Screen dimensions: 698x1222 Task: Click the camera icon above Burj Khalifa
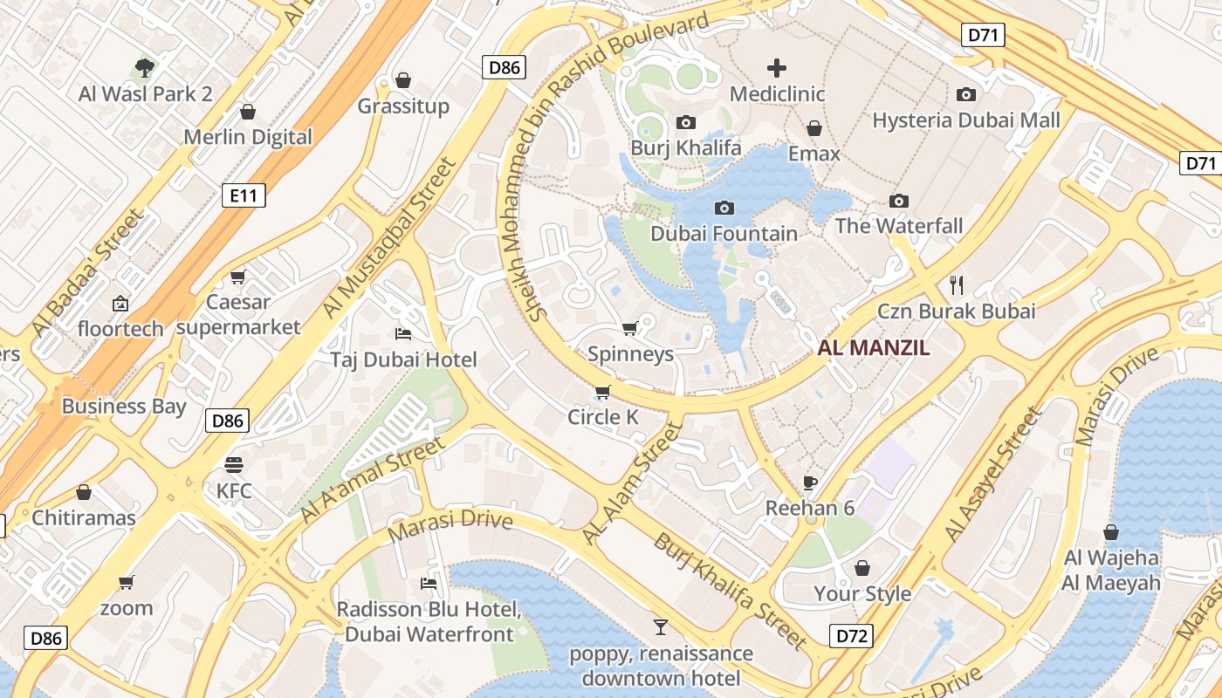coord(686,123)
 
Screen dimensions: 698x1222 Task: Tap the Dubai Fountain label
coord(724,234)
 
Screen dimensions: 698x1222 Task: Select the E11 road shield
coord(244,195)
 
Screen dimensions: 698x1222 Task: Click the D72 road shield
coord(851,635)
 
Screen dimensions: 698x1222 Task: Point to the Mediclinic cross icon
coord(776,68)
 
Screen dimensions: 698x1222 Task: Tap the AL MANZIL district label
coord(874,348)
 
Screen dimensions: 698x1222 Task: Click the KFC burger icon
coord(234,464)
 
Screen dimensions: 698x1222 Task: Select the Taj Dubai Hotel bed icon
coord(403,334)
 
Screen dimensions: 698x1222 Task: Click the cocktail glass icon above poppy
coord(661,626)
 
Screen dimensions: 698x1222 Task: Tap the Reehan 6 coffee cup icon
coord(810,482)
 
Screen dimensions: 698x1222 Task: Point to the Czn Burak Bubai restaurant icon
coord(957,284)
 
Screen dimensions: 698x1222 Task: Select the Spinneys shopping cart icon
coord(629,329)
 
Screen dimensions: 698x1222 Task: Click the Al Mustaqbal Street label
coord(389,238)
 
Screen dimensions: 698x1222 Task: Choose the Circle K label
coord(603,417)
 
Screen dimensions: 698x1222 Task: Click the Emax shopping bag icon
coord(814,129)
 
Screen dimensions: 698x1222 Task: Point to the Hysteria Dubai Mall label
coord(966,120)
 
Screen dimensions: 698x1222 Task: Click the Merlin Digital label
coord(248,137)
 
